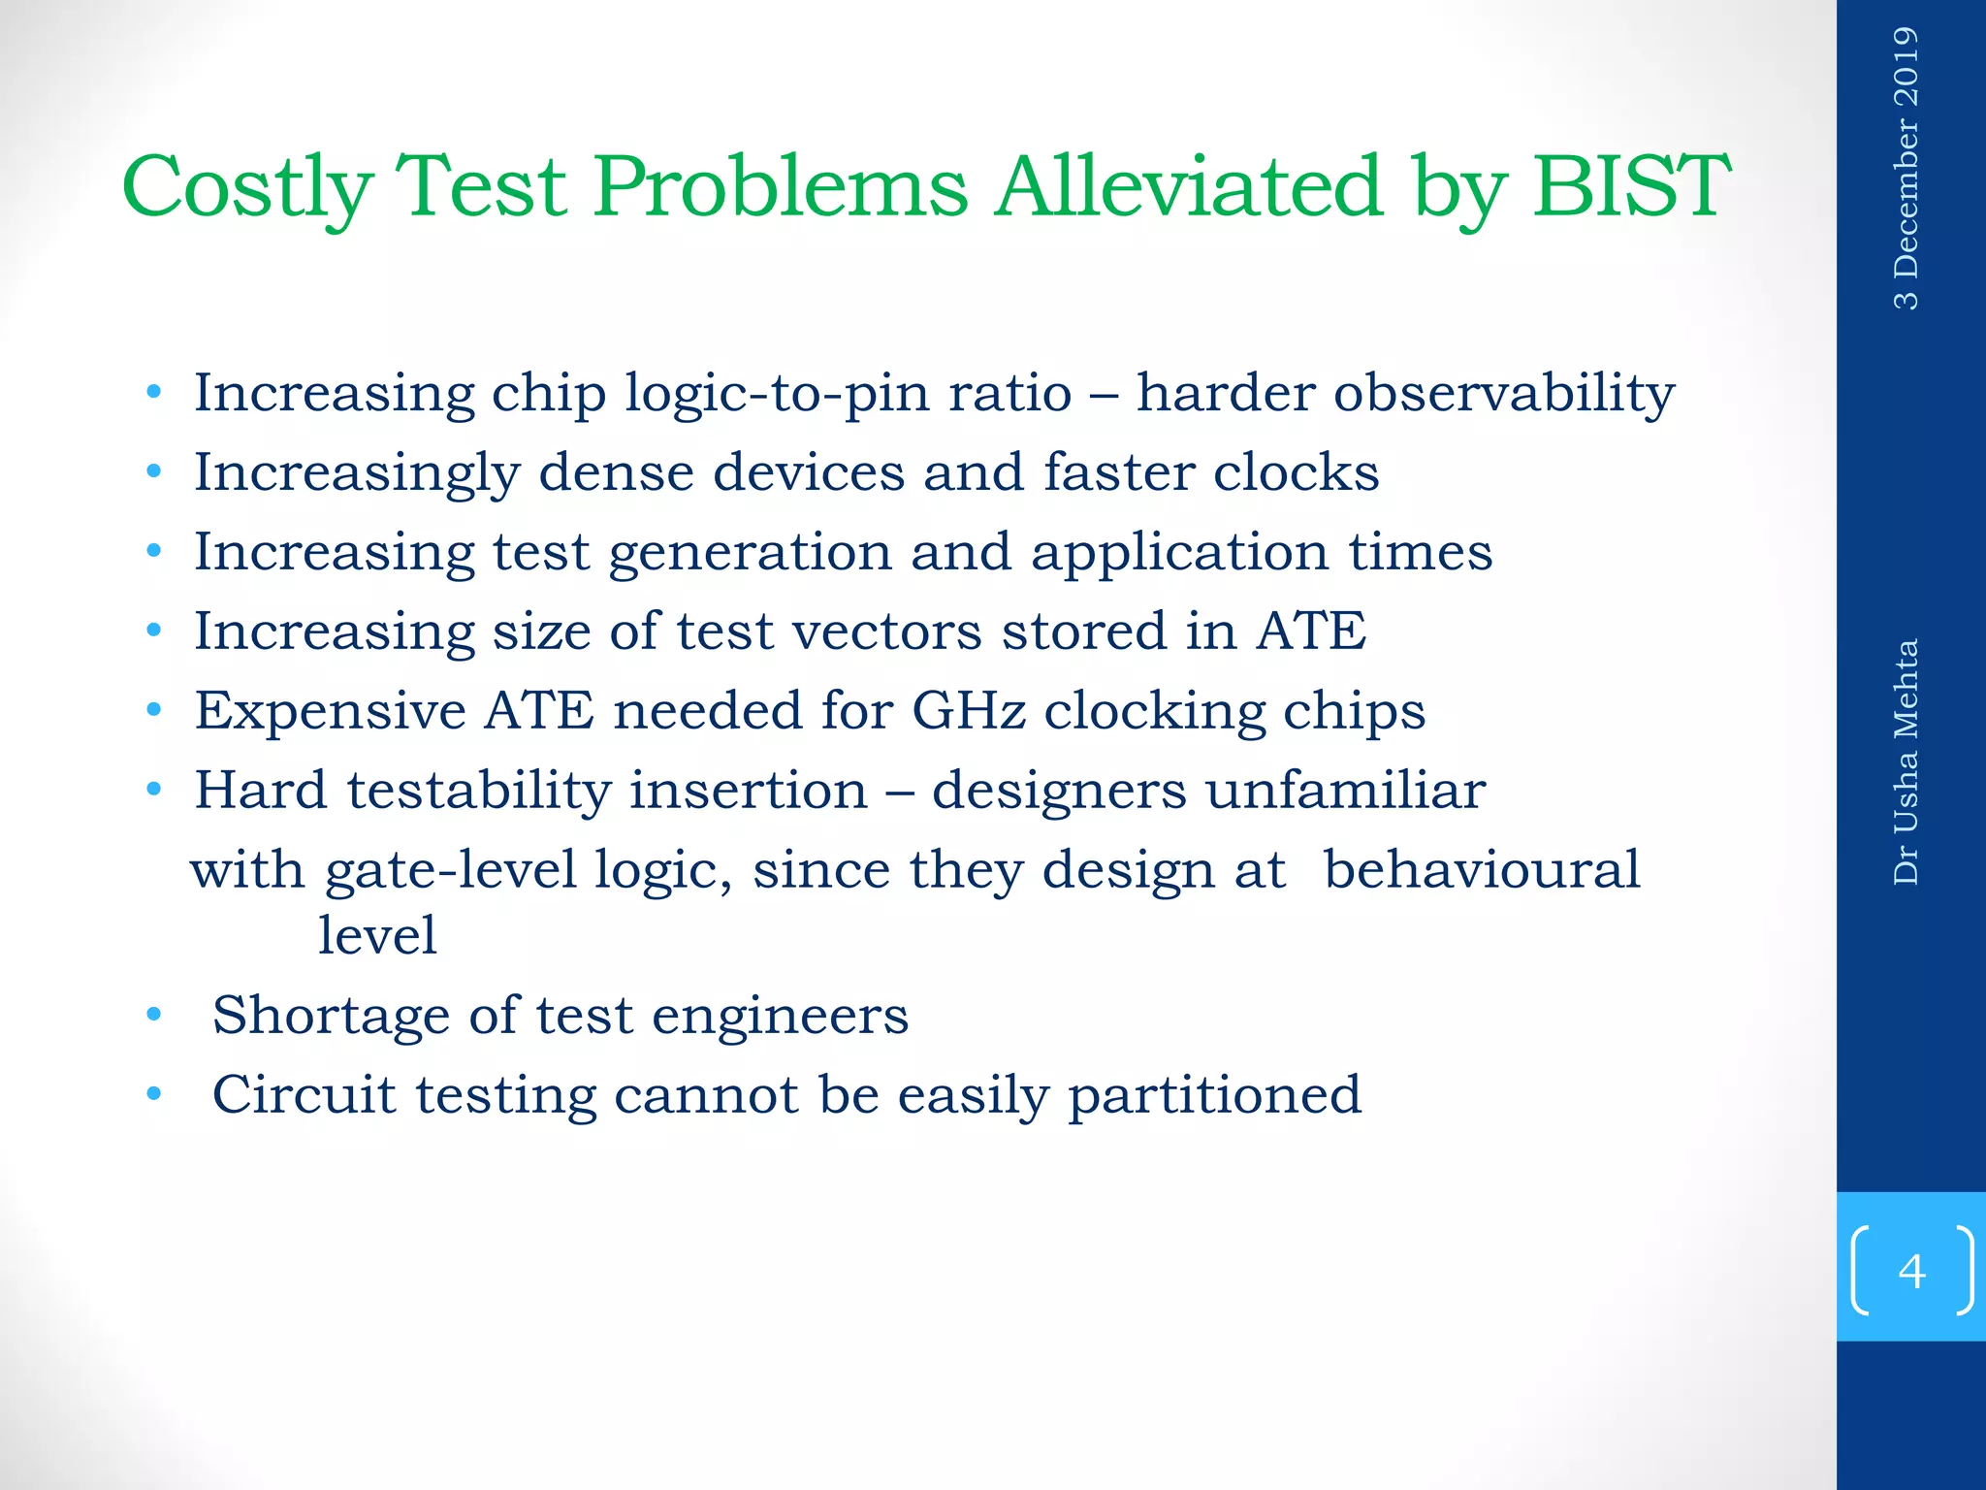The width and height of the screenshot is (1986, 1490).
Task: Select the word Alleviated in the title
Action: (1188, 186)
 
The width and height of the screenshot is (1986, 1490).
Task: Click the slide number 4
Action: (1911, 1271)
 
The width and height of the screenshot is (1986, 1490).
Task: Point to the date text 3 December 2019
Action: (1906, 169)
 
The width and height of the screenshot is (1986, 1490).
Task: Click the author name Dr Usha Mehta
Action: (1906, 761)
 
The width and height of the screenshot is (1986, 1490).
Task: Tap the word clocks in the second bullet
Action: (1296, 473)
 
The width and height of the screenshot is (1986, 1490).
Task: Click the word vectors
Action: (886, 632)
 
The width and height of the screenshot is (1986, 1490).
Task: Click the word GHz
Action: (968, 711)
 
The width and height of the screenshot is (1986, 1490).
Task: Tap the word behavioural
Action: (1482, 869)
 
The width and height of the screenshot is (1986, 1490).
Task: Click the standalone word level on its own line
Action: (377, 935)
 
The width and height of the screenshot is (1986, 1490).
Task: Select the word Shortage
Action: (332, 1016)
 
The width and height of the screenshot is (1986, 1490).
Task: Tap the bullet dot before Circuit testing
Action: (153, 1095)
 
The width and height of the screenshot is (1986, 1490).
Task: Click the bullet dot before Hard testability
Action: (153, 791)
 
